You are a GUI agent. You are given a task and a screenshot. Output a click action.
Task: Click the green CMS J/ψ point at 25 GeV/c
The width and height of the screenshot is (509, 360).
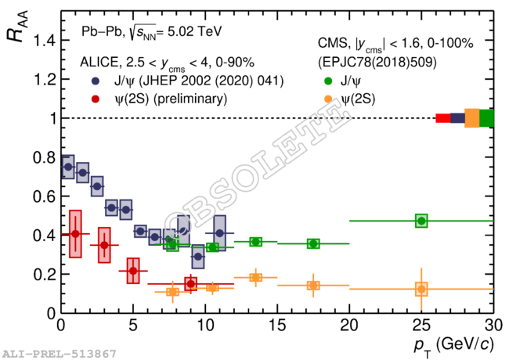point(421,221)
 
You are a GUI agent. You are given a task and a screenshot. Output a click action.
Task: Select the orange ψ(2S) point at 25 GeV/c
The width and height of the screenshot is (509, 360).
point(421,290)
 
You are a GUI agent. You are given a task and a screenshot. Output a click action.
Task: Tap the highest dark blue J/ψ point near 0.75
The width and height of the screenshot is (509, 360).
point(68,167)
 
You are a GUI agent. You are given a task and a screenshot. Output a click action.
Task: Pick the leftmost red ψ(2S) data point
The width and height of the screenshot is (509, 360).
point(75,233)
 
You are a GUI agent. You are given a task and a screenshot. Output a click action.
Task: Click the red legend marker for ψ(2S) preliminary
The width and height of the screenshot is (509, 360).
point(95,99)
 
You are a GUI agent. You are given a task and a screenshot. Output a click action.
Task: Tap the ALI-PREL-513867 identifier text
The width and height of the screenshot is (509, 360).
point(58,354)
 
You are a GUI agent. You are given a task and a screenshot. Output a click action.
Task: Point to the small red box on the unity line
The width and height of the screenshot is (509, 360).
point(442,118)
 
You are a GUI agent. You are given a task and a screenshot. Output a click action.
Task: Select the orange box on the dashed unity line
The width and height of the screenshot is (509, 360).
point(471,118)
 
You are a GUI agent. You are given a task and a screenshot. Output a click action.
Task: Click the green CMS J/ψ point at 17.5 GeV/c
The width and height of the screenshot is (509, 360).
point(313,243)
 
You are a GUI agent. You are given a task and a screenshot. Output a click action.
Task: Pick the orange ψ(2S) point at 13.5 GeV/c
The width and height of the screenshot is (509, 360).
point(255,278)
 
